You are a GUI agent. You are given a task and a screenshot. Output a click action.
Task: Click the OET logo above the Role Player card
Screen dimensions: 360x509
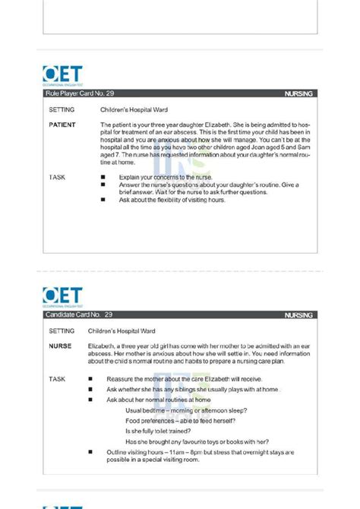tap(62, 76)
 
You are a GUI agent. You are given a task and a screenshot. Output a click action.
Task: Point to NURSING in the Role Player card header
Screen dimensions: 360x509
tap(298, 94)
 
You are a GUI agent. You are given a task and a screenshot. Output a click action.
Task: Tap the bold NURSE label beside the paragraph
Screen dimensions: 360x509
tap(60, 346)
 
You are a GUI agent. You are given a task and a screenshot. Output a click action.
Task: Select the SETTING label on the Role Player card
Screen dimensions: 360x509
tap(62, 109)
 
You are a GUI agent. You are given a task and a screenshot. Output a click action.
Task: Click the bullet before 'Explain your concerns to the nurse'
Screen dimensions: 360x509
tap(103, 177)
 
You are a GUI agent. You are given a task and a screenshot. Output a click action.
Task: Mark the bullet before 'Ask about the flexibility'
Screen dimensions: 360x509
tap(103, 200)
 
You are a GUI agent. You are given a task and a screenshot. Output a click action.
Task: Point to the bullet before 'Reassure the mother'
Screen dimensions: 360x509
tap(90, 378)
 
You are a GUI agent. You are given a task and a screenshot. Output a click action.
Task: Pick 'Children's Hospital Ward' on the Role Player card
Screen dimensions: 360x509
tap(134, 109)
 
